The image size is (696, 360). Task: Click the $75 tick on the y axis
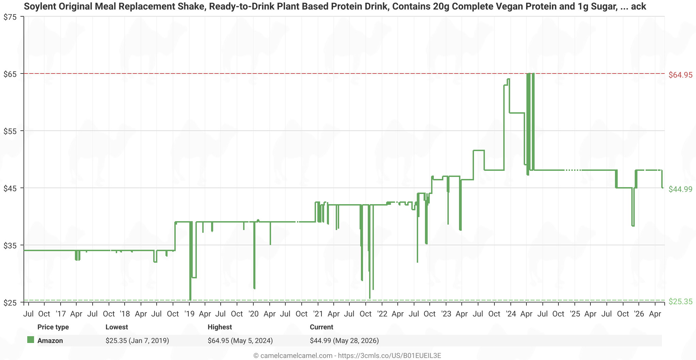(10, 17)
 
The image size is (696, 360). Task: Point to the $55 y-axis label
(10, 131)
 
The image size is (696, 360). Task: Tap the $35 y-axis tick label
(10, 245)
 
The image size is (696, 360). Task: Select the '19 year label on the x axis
(189, 314)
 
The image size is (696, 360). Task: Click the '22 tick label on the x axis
(382, 314)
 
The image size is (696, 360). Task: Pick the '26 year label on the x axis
(639, 314)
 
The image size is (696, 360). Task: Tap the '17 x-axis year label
(61, 314)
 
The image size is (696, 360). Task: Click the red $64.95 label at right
(680, 75)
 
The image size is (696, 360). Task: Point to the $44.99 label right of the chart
(680, 189)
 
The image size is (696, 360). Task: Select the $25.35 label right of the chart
(680, 301)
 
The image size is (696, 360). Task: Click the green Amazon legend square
(31, 340)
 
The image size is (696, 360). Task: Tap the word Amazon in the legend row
(50, 341)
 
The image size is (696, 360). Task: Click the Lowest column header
(117, 327)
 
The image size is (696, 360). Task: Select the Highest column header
(220, 327)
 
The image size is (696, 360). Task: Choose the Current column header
(321, 327)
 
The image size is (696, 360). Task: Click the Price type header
(53, 327)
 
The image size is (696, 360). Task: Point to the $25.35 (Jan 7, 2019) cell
(137, 341)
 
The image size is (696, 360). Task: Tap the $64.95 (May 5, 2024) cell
(240, 341)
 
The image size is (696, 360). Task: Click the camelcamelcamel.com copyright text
(347, 356)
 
